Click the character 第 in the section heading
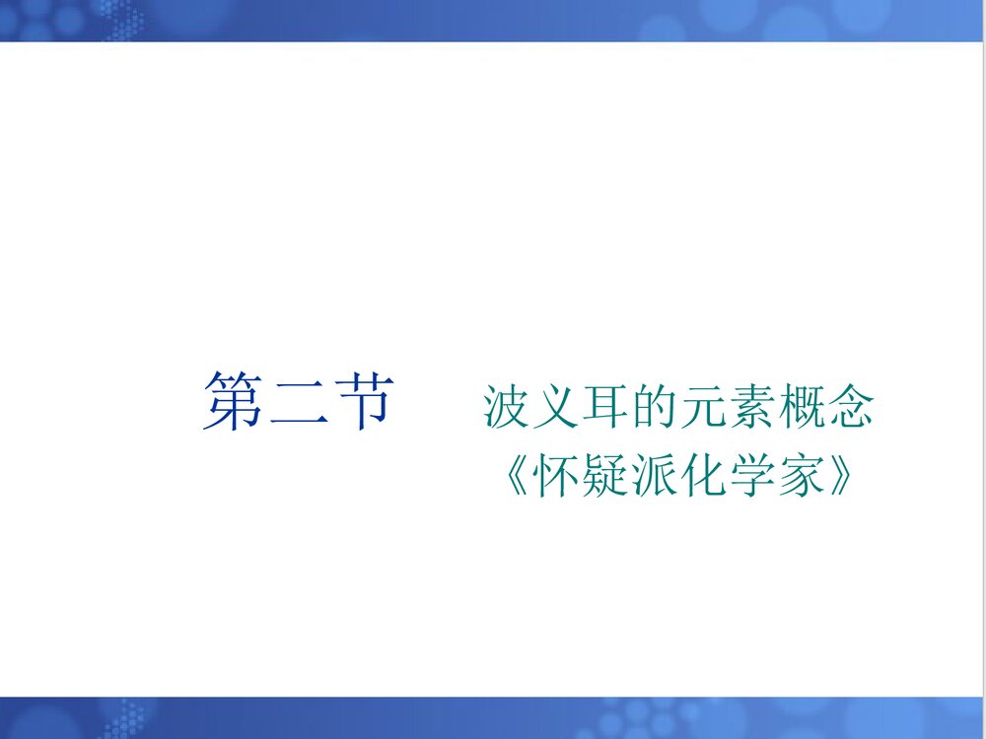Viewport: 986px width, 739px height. click(x=233, y=402)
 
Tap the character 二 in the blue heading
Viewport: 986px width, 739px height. click(x=296, y=402)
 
